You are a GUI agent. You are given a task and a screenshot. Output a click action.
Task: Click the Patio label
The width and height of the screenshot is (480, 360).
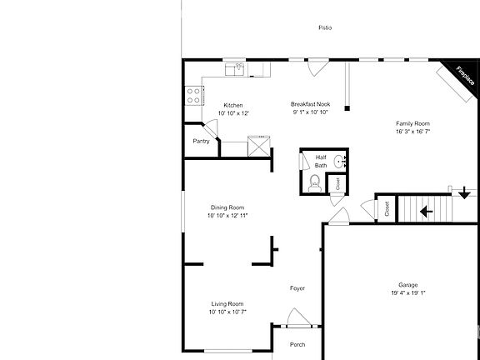click(325, 27)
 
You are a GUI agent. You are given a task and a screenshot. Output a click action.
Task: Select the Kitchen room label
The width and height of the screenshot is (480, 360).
click(232, 105)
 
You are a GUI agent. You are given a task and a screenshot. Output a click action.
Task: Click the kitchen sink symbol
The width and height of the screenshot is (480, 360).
click(238, 68)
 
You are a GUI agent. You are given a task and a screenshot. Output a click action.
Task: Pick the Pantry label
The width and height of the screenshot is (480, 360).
click(201, 141)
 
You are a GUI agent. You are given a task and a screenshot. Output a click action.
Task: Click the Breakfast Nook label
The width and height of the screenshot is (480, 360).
click(311, 104)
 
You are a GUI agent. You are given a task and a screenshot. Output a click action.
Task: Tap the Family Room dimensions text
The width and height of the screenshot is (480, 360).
click(414, 131)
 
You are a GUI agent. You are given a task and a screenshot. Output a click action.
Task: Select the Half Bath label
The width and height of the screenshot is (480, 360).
click(321, 161)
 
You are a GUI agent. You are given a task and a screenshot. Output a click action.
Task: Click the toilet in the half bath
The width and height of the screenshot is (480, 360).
click(315, 182)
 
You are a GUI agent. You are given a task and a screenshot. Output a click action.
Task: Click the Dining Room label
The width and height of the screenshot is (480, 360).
click(227, 207)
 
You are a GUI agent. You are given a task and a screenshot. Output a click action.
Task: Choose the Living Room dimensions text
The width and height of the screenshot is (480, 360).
click(227, 312)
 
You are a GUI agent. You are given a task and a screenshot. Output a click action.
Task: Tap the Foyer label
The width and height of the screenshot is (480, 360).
click(297, 288)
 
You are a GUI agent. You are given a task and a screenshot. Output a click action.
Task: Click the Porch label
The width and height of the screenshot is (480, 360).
click(297, 344)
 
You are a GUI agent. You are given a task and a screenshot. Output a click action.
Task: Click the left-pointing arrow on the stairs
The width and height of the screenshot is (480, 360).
click(426, 211)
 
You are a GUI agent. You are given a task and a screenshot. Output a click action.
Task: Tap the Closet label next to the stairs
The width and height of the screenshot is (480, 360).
click(387, 210)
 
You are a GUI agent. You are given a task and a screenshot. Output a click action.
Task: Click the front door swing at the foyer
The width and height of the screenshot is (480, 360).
click(296, 317)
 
